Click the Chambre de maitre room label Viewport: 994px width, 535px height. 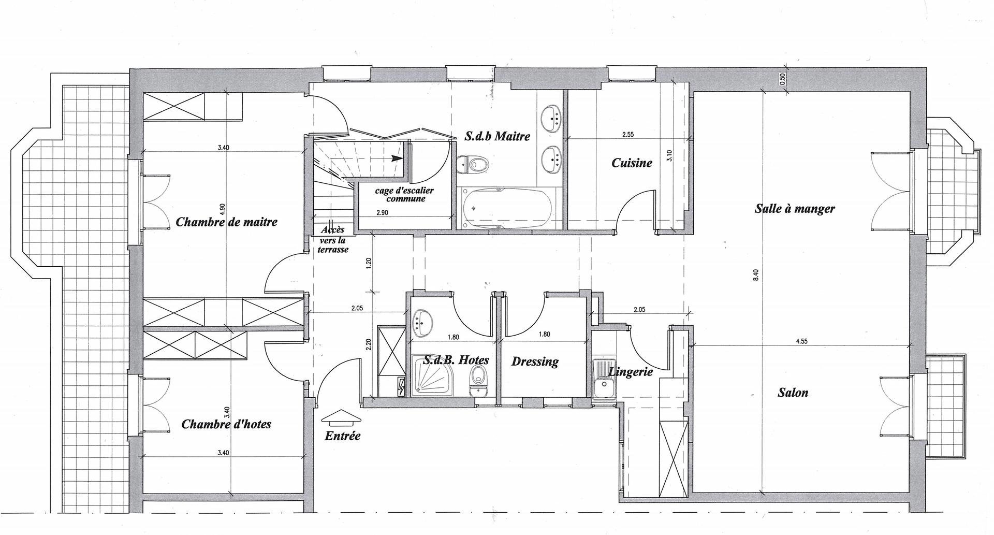[x=227, y=222]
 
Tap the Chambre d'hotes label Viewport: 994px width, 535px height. [x=226, y=424]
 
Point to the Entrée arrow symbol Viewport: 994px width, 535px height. [x=341, y=416]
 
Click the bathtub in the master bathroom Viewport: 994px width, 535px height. [x=508, y=208]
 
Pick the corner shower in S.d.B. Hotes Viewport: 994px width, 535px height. [x=433, y=375]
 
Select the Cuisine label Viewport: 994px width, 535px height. [x=632, y=163]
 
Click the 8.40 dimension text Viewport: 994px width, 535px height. [x=756, y=274]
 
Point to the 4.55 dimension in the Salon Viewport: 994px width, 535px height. [x=802, y=341]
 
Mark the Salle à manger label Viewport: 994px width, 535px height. [x=795, y=209]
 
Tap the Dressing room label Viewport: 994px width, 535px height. [x=535, y=362]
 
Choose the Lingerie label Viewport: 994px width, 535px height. [x=631, y=371]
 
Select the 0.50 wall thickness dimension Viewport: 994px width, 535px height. [x=782, y=78]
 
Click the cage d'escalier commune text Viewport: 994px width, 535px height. [x=404, y=194]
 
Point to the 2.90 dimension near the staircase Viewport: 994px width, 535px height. [x=383, y=213]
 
